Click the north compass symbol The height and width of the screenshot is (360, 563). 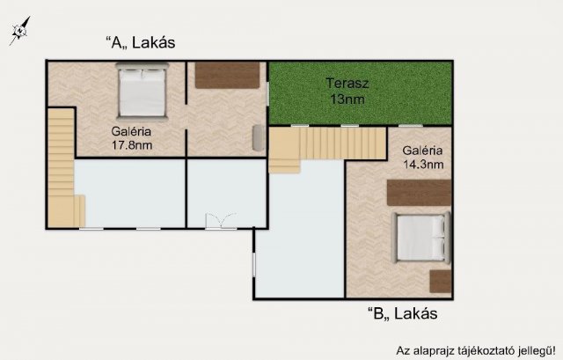coord(19,31)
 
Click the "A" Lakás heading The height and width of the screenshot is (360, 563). coord(141,42)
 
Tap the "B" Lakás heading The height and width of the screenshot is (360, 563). coord(403,313)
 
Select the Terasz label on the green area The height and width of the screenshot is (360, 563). coord(347,84)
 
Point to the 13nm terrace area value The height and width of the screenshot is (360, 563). coord(347,99)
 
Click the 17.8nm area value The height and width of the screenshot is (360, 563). coord(132,145)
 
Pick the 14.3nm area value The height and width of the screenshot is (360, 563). coord(423,165)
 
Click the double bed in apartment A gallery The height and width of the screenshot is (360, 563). coord(143,92)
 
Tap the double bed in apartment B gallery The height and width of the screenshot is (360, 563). coord(420,238)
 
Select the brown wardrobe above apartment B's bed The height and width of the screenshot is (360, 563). coord(419,193)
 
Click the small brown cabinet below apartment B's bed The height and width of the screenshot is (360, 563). coord(441,282)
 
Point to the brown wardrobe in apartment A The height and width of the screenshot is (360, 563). coord(227,75)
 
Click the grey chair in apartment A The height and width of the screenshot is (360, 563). coord(259,137)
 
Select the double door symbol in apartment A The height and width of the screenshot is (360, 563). coord(221,221)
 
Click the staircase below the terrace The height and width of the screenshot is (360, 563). coord(327,147)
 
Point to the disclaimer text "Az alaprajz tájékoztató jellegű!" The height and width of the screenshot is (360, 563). coord(476,350)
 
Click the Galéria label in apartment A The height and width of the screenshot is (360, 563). coord(131,131)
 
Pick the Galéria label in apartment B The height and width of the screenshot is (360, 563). coord(422,151)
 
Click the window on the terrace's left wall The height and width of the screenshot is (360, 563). coord(267,94)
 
